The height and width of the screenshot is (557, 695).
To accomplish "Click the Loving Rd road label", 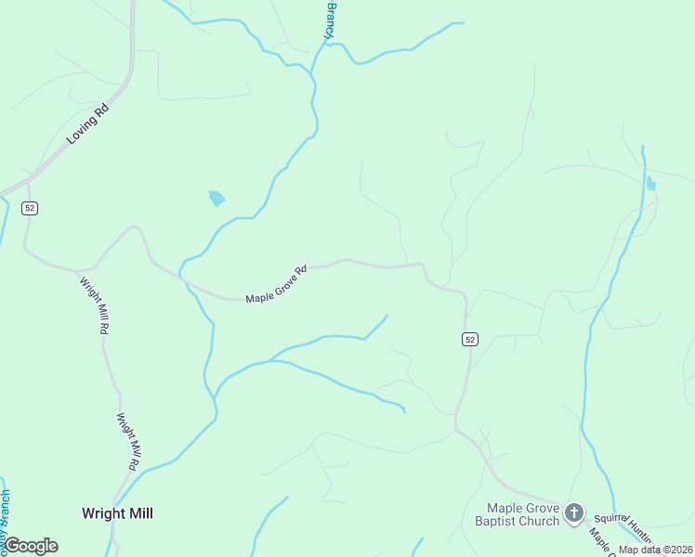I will coord(88,124).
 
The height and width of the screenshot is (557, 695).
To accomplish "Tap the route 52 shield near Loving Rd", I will coord(31,208).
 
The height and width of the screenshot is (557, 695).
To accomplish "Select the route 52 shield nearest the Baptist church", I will coord(470,340).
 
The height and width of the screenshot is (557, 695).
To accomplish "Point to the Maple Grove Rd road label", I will coord(276,284).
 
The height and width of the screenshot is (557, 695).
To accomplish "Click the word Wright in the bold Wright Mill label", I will coord(102,513).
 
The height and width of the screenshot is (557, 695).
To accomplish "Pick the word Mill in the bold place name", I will coord(138,513).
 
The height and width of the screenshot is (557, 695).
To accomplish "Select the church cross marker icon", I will coord(575,512).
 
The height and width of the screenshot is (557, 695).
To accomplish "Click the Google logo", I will coord(31,546).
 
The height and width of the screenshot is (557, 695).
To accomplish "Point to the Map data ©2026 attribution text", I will coord(655,550).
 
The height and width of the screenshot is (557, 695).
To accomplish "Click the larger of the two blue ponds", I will coord(216,198).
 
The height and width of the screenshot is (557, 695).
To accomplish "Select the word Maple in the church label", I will coord(509,508).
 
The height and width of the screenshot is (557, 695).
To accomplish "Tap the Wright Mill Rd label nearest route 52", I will coord(97,306).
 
